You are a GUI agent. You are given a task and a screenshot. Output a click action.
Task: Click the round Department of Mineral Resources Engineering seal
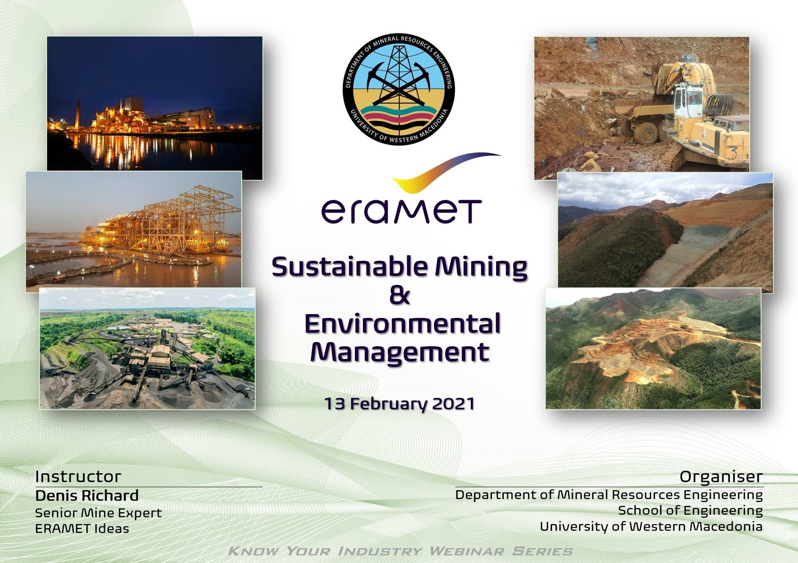[x=399, y=90]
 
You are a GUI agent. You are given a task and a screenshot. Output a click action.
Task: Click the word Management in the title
[x=400, y=352]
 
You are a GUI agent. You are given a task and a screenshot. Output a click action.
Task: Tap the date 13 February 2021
[x=399, y=404]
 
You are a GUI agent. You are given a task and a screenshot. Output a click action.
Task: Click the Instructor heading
[x=78, y=477]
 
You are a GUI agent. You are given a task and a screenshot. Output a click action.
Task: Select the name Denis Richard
[x=87, y=495]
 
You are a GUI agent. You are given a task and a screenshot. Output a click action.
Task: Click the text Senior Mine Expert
[x=98, y=513]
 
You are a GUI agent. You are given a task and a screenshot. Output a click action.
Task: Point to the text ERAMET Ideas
[x=82, y=529]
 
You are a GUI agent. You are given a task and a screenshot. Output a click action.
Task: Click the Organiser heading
[x=721, y=477]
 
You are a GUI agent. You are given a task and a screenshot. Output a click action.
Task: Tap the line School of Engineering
[x=690, y=511]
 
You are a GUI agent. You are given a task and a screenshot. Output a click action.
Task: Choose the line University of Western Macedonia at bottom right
[x=651, y=527]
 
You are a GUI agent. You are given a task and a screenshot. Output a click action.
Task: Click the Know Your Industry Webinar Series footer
[x=400, y=551]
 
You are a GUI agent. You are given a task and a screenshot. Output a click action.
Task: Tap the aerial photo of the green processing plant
[x=147, y=348]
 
